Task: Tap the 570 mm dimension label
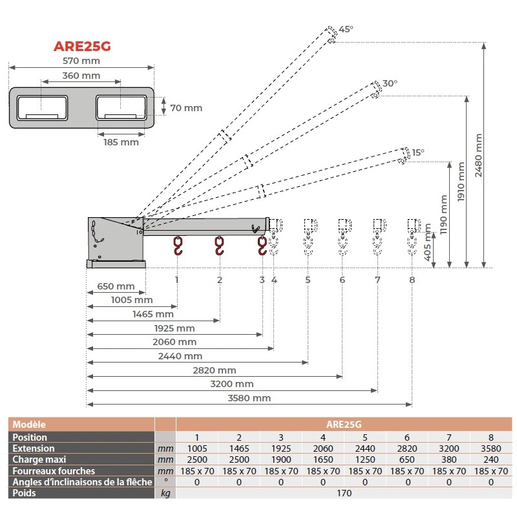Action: click(x=81, y=61)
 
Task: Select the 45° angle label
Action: click(x=346, y=29)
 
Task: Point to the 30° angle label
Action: click(x=390, y=83)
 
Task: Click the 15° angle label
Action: click(x=419, y=153)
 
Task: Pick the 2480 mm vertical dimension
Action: click(x=478, y=155)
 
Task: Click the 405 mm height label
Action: click(x=427, y=242)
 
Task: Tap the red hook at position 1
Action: click(x=178, y=246)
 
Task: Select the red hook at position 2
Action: click(x=220, y=246)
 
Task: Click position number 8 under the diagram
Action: click(x=412, y=280)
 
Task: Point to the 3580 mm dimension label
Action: click(x=249, y=398)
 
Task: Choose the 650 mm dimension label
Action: click(x=116, y=286)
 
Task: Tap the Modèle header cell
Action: click(x=29, y=425)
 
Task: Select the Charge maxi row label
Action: click(x=39, y=459)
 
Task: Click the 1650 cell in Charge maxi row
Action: click(x=322, y=459)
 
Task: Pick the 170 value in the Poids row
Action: click(x=344, y=494)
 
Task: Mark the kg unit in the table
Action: click(x=166, y=494)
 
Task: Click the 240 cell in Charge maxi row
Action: click(x=491, y=459)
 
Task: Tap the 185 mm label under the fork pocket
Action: click(x=121, y=142)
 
